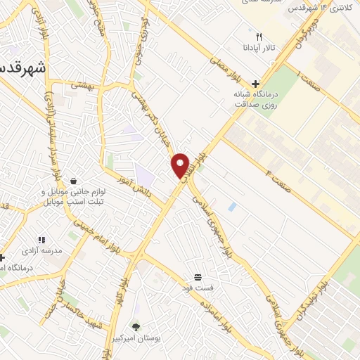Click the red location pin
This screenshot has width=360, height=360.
point(181,165)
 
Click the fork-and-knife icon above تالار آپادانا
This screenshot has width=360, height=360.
point(259,37)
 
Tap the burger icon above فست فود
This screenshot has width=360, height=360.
point(198,276)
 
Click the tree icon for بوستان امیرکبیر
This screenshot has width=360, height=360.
point(136,327)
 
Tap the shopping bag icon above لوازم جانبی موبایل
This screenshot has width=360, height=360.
point(73,180)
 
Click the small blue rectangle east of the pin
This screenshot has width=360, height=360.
point(232,207)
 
